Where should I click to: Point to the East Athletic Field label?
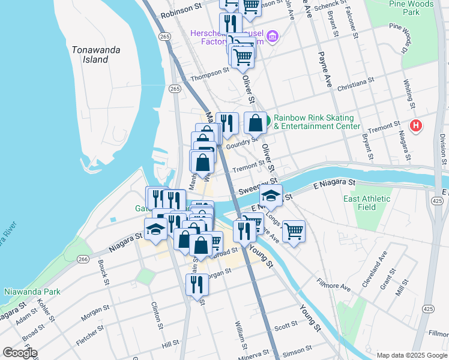pos(367,203)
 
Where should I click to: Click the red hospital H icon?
pos(415,126)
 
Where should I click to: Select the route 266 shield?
pos(83,259)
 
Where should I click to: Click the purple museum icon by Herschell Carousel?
pos(273,37)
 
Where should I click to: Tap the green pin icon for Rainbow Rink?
pos(267,119)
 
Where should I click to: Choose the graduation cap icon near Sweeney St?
pos(271,195)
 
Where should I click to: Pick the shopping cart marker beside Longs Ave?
pos(294,230)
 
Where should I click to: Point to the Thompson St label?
pos(209,78)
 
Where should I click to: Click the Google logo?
pos(20,353)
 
